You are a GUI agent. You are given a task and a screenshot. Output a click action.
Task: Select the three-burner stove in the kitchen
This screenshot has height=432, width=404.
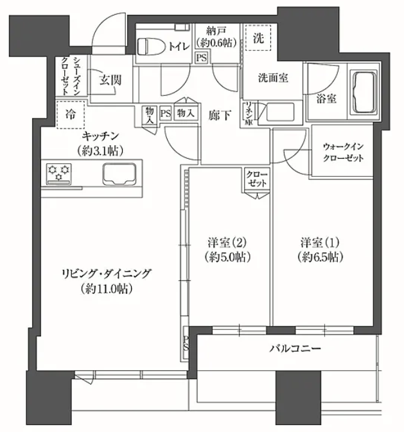[x=58, y=174]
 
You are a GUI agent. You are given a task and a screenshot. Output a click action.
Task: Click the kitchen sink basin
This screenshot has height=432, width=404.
[x=119, y=175]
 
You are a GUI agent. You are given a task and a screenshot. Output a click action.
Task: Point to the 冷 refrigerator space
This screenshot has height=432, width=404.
[x=71, y=114]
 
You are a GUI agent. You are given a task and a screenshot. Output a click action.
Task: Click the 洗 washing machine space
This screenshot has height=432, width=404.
[x=258, y=38]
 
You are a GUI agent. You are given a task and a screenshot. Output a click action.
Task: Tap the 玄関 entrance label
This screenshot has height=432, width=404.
[x=110, y=80]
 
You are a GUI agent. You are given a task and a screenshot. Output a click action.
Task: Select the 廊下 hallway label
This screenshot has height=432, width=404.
[x=219, y=115]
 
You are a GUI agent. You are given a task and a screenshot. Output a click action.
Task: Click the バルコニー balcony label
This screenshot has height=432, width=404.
[x=295, y=349]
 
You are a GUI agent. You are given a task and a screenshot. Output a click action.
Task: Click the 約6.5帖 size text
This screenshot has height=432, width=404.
[x=320, y=257]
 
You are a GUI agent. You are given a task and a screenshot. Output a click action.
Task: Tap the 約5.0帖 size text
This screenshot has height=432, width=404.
[x=227, y=257]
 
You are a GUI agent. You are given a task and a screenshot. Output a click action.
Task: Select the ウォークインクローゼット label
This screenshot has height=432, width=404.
[x=343, y=152]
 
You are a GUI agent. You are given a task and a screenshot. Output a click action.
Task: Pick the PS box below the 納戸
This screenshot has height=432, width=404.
[x=202, y=58]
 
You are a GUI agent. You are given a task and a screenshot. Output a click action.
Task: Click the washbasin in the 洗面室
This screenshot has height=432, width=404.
[x=280, y=112]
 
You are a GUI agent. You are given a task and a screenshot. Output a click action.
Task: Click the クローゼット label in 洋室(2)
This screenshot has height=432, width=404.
[x=257, y=179]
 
